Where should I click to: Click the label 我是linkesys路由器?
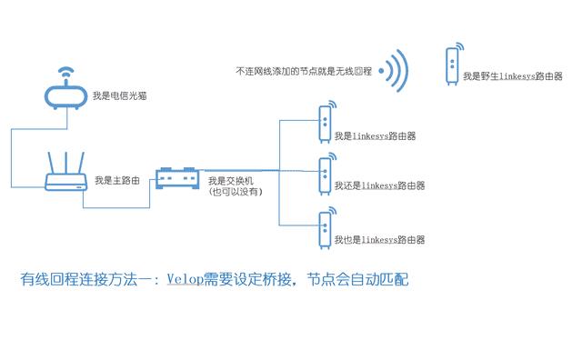pos(375,136)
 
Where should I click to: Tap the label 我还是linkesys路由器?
pos(379,186)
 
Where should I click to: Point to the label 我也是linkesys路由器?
pos(379,240)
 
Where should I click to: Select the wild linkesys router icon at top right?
pos(452,66)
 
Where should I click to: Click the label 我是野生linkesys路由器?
pos(512,76)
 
